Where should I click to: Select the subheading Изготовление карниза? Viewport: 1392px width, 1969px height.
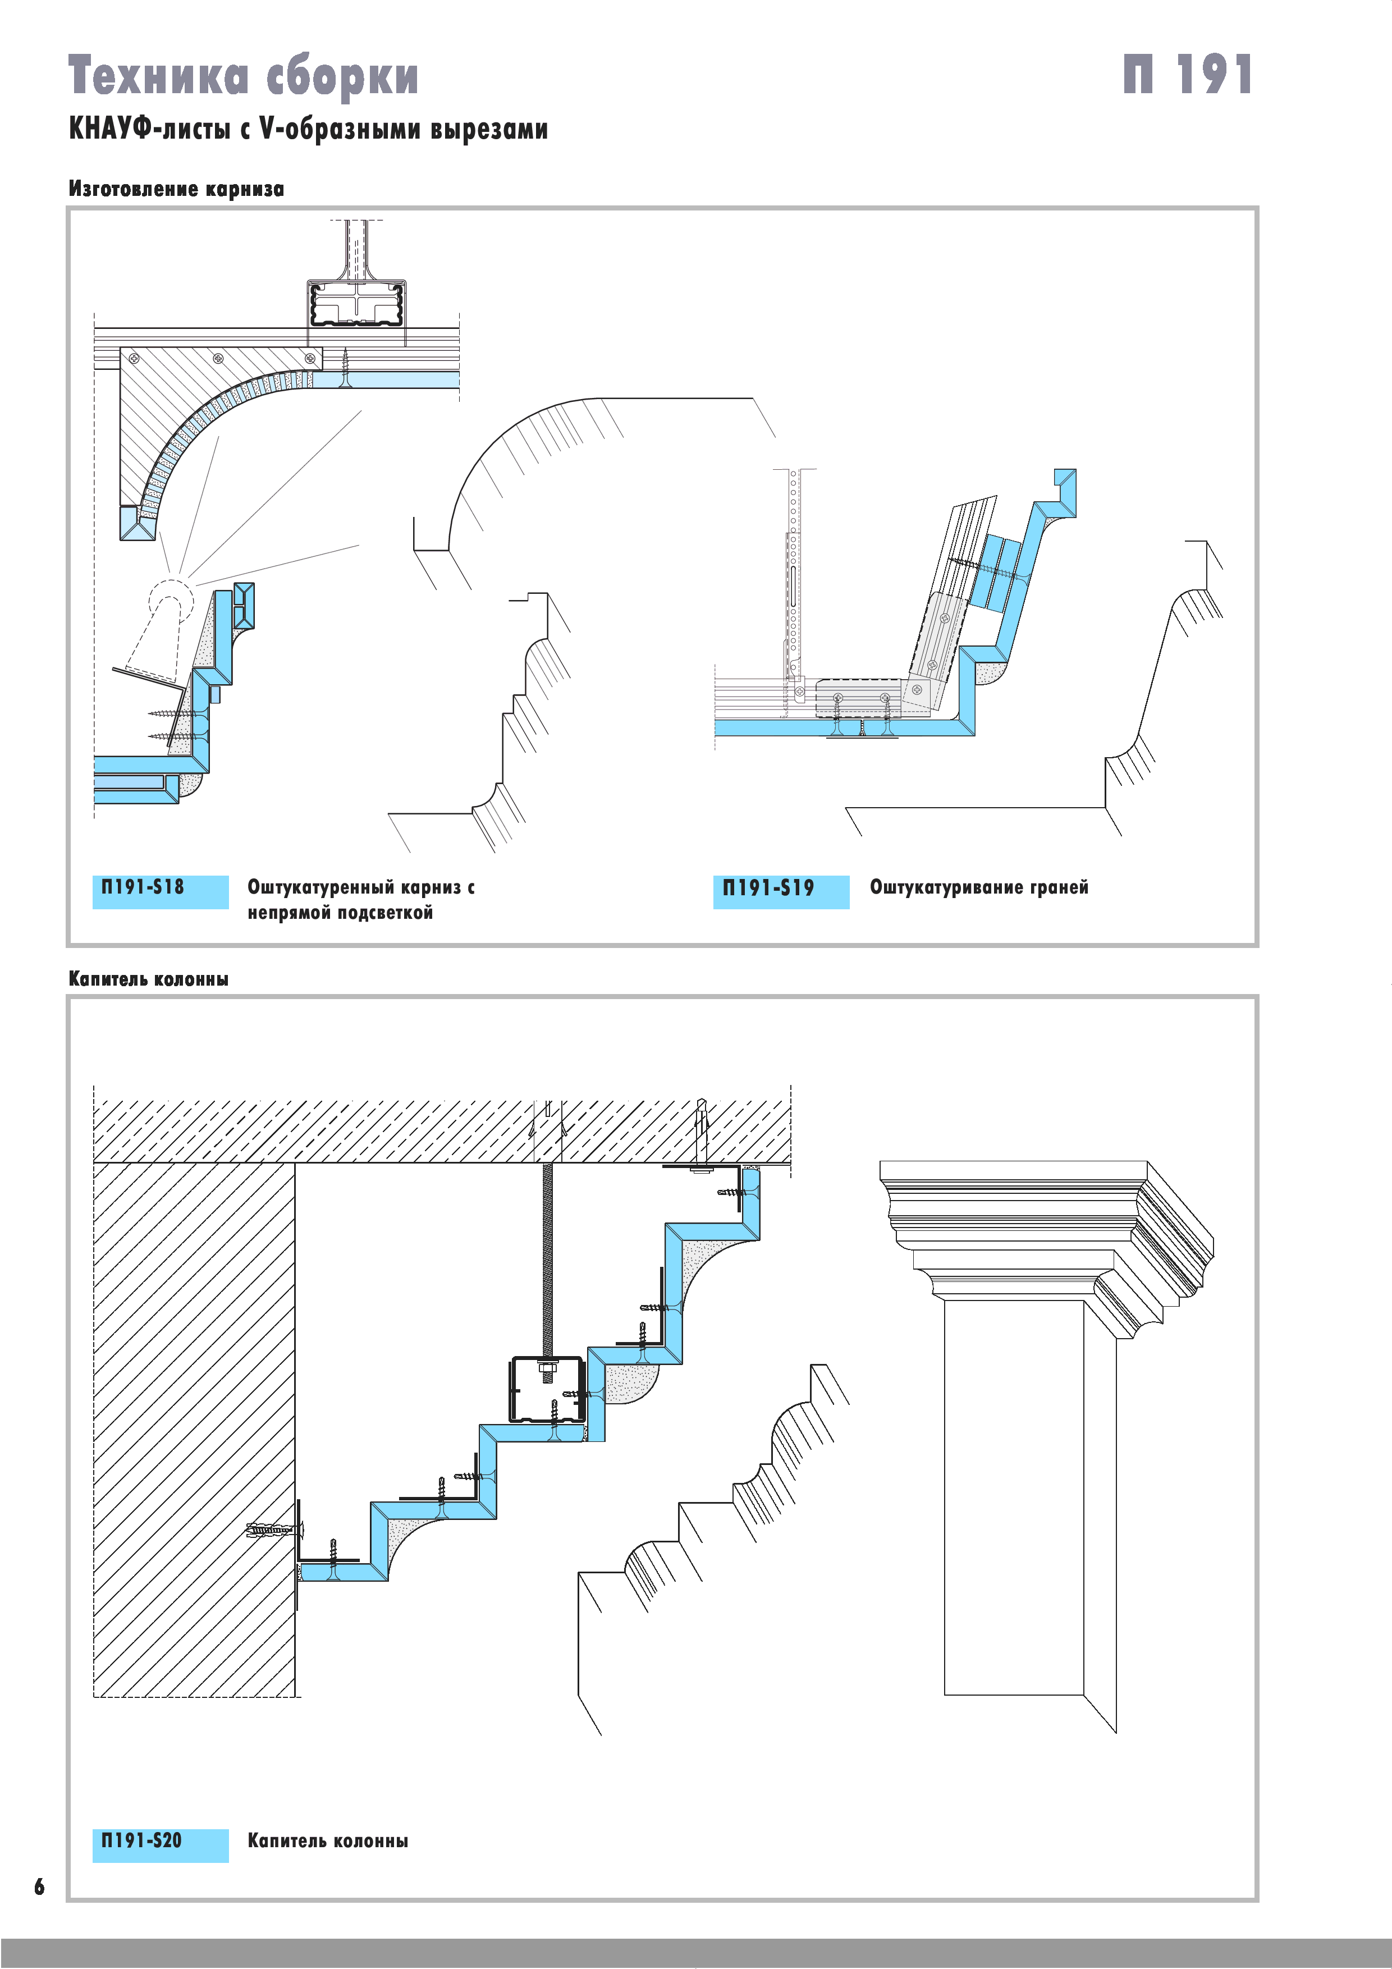(176, 189)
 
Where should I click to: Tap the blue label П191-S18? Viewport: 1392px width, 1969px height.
(161, 891)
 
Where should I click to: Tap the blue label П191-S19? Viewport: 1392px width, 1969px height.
(781, 891)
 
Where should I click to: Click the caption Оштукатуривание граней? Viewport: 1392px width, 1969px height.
(978, 887)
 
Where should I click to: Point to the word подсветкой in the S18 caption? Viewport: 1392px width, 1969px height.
(385, 913)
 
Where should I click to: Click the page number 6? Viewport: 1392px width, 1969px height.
(39, 1886)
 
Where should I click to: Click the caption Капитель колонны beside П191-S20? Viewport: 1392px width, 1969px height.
(328, 1840)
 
